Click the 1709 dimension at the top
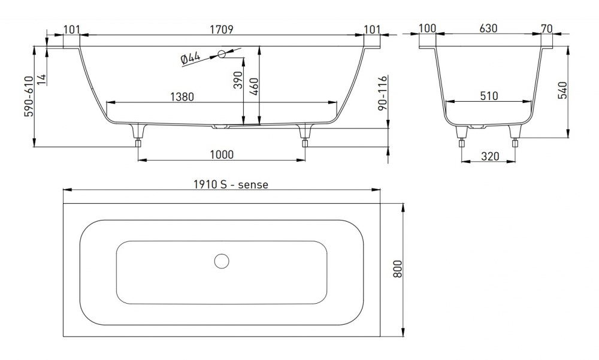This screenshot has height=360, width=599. pos(221,28)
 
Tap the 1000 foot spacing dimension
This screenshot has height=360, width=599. pos(221,154)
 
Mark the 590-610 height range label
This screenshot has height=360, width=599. pos(28,96)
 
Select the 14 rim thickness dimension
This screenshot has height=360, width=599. pos(41,78)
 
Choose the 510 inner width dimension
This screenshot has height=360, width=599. pos(489,96)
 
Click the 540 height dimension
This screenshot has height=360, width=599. pos(561,89)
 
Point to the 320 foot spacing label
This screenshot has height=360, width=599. pos(489,156)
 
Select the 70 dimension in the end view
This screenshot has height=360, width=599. pos(546,28)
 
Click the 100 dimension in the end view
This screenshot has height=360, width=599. pos(427,28)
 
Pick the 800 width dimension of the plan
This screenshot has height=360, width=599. pos(397,270)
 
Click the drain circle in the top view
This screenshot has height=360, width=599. pos(222,261)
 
